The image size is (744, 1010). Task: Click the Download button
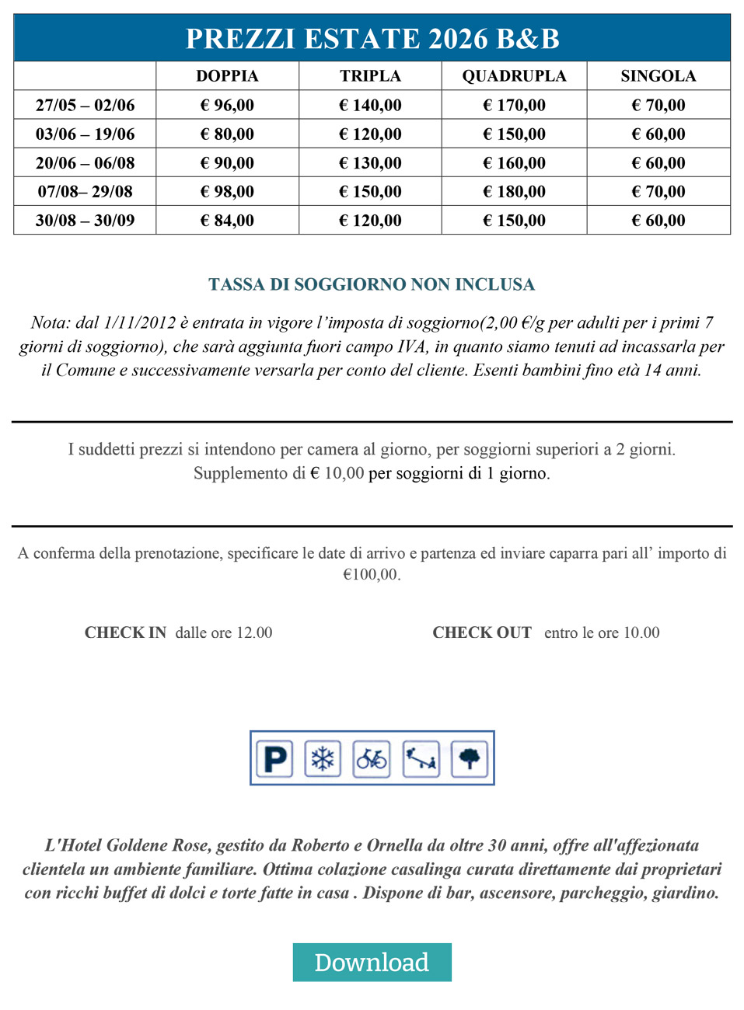click(x=372, y=962)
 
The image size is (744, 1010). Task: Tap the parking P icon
click(x=275, y=758)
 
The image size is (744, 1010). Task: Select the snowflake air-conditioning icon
click(x=323, y=758)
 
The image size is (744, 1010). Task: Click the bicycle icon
click(x=372, y=758)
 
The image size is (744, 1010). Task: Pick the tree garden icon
click(x=469, y=758)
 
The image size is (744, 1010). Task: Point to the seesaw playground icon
click(x=421, y=758)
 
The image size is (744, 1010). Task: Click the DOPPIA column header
click(x=227, y=76)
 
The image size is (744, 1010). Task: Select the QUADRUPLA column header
click(x=514, y=76)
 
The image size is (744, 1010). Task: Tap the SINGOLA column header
click(x=658, y=76)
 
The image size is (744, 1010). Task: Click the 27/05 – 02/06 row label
click(x=85, y=105)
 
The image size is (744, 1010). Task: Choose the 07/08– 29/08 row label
click(x=85, y=191)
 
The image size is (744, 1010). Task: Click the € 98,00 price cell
click(x=227, y=191)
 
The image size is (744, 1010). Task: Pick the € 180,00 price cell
click(x=514, y=191)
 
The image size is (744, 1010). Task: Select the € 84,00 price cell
click(x=227, y=221)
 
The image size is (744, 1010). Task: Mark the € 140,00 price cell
click(x=370, y=105)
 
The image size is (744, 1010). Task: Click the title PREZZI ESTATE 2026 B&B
click(x=372, y=39)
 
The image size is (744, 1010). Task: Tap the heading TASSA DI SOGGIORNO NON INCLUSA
click(x=372, y=284)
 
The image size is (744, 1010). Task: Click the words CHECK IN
click(x=125, y=632)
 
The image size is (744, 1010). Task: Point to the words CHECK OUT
click(x=482, y=632)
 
